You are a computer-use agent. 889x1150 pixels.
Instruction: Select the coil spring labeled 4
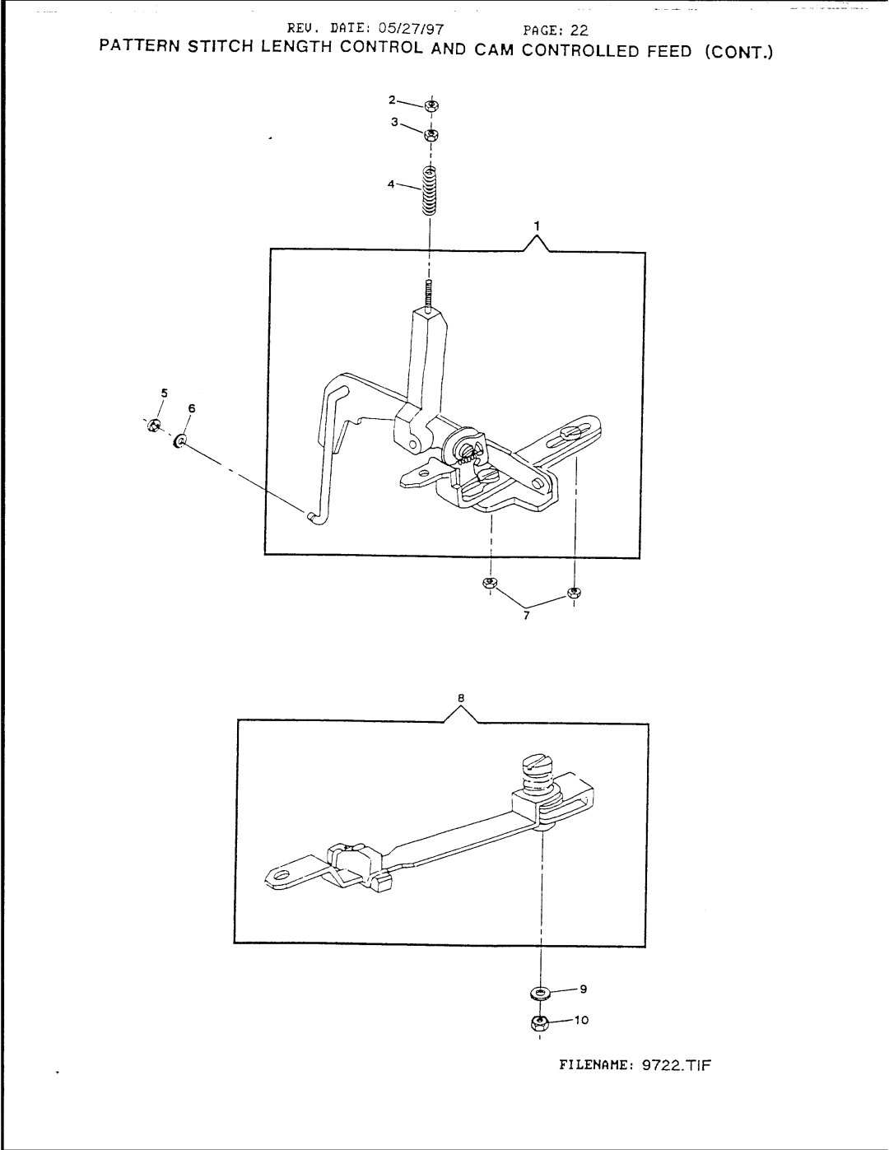point(429,191)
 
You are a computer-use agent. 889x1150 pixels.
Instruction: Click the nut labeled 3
point(430,133)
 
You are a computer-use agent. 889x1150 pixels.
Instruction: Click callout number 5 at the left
point(164,393)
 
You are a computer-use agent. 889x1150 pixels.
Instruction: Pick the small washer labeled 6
point(179,445)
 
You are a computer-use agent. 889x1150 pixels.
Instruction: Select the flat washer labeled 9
point(540,988)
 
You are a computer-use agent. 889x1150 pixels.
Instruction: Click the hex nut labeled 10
point(540,1022)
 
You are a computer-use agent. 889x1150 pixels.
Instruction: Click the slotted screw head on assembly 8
point(535,763)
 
